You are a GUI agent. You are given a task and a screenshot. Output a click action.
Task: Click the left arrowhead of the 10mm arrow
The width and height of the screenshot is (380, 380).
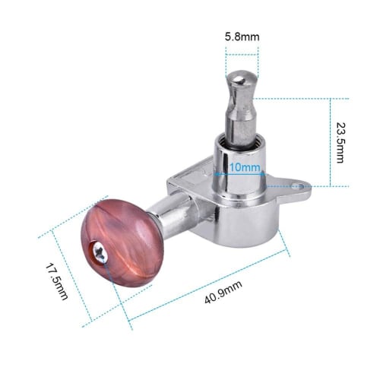(223, 173)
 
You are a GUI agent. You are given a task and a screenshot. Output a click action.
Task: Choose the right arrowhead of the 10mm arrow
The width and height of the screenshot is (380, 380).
(262, 173)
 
